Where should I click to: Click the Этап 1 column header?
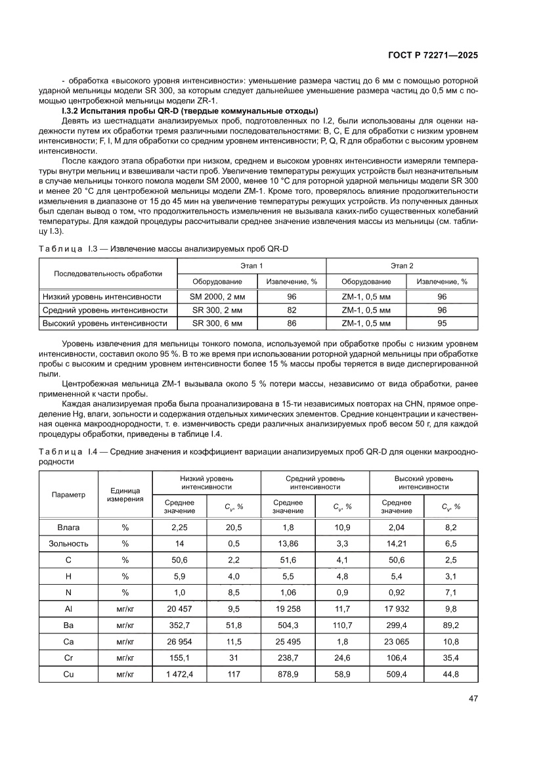click(252, 266)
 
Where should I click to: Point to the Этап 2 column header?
click(402, 266)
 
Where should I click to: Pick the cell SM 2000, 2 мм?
click(217, 296)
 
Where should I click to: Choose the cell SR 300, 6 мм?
click(217, 323)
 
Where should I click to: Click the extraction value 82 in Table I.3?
click(292, 310)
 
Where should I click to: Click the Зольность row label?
click(69, 543)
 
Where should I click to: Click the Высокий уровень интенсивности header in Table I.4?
click(424, 483)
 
